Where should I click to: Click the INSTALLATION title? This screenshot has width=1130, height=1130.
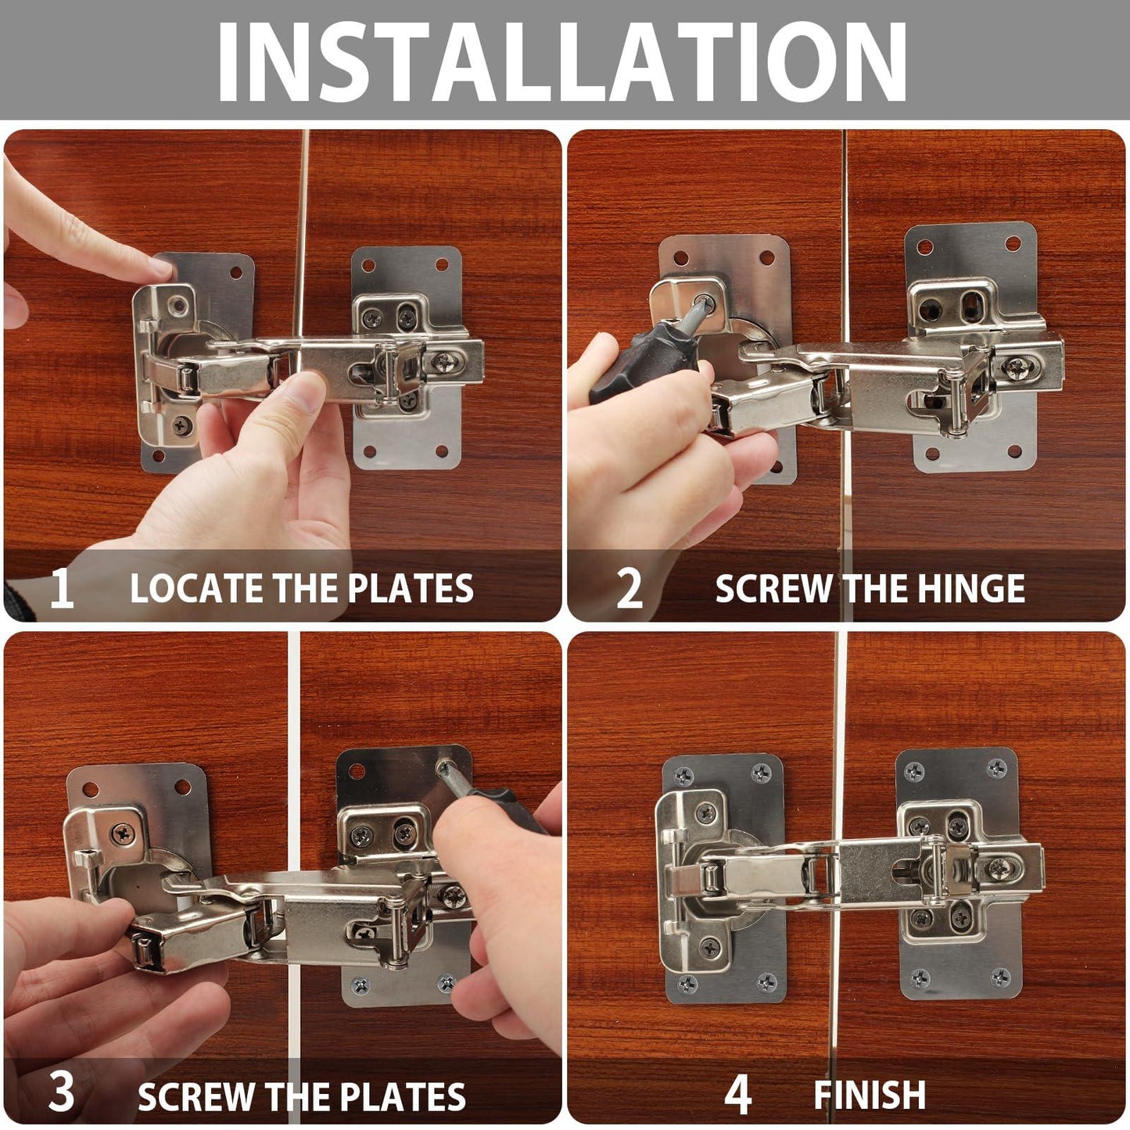[561, 61]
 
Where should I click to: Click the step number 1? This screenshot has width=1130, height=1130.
[61, 588]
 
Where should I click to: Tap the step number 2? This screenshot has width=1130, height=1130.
[629, 588]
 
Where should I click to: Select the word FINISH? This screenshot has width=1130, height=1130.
[870, 1095]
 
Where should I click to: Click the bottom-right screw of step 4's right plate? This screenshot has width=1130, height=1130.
[1000, 977]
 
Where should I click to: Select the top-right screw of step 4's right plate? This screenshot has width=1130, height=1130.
[996, 769]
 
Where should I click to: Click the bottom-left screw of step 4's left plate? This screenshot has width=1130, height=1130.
[687, 983]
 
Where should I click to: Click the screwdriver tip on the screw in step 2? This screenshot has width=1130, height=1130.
[704, 304]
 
